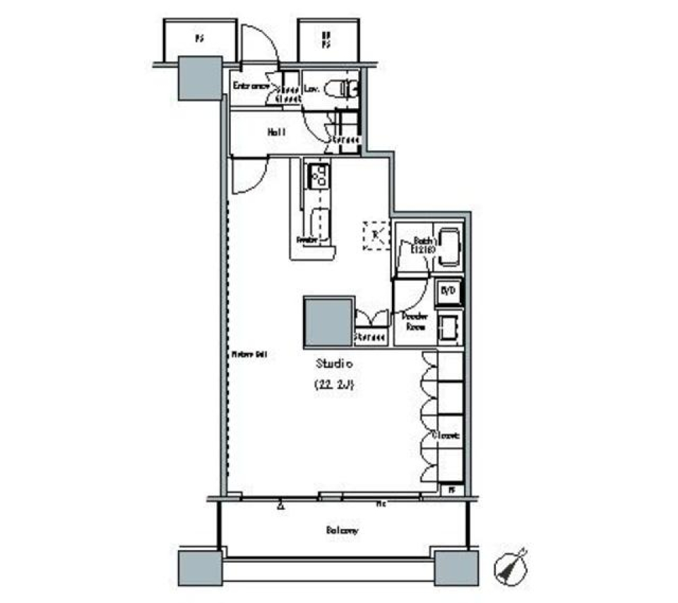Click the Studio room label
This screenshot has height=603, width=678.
point(333,364)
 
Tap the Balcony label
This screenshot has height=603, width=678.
point(343,530)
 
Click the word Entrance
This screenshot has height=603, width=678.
point(251,86)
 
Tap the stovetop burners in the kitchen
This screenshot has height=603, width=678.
point(317,174)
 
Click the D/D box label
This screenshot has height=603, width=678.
point(448,291)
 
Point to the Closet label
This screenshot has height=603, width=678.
point(448,436)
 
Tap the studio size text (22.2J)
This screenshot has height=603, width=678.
point(333,386)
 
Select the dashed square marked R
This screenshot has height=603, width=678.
point(375,235)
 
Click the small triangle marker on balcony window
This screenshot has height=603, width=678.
point(281,504)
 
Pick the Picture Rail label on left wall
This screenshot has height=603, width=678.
point(249,354)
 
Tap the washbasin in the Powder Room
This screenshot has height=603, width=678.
point(448,327)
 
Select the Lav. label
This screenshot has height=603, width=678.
point(312,89)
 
